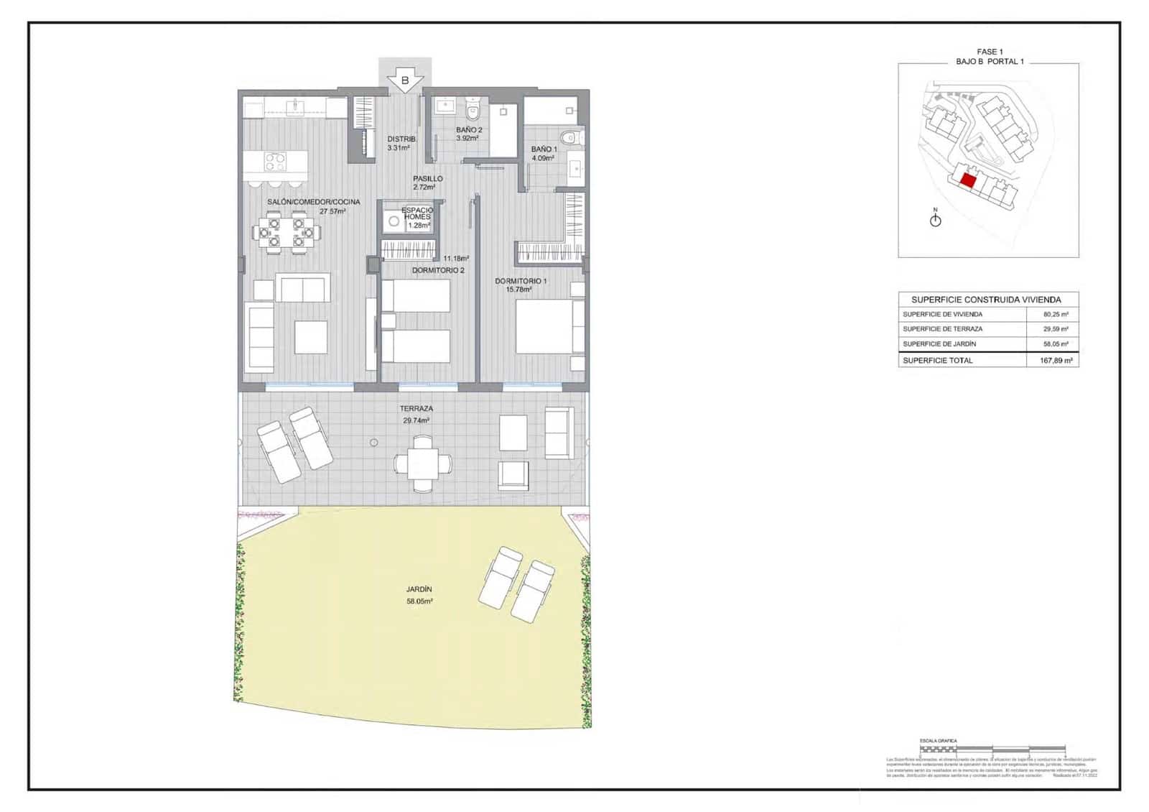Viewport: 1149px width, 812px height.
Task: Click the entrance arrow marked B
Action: (405, 80)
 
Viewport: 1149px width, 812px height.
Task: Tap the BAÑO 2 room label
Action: (469, 130)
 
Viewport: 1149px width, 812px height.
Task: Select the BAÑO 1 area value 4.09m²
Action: (542, 158)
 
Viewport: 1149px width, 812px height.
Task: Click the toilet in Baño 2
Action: (473, 111)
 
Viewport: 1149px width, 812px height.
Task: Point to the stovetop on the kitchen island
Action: (275, 162)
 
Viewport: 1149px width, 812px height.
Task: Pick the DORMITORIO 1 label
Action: (521, 281)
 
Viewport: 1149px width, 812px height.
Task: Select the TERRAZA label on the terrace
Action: (417, 409)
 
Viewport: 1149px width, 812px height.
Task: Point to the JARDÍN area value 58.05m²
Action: (419, 601)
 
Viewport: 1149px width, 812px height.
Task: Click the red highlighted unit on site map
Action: (967, 180)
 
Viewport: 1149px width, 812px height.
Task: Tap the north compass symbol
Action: (935, 220)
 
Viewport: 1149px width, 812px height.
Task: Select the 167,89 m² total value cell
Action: (1056, 361)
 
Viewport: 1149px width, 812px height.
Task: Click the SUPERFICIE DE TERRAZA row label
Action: (942, 329)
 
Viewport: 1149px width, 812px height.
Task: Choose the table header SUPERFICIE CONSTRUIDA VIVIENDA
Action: (986, 300)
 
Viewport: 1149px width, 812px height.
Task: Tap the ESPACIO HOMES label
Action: (417, 213)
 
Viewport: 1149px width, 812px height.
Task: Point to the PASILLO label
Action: (428, 179)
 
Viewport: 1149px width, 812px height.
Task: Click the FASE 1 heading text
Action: (987, 52)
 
